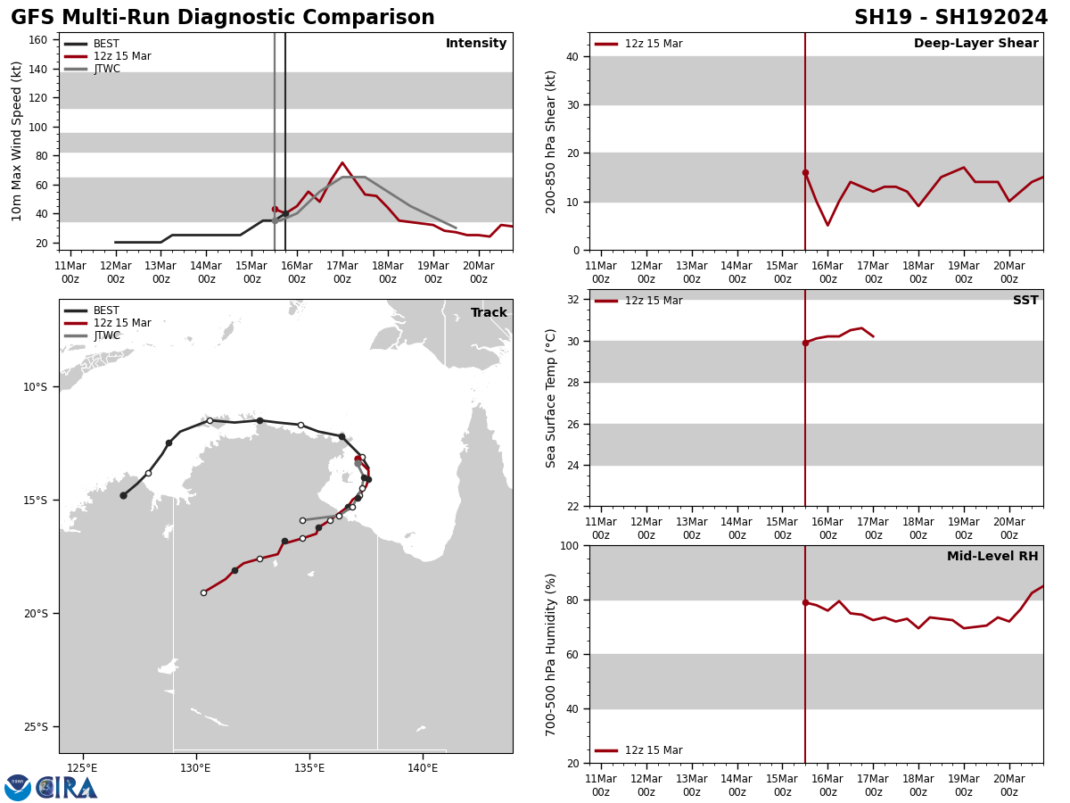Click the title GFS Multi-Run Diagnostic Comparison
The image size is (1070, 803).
coord(223,18)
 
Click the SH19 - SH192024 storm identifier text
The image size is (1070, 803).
coord(951,18)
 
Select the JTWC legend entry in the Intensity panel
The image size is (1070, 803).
coord(107,69)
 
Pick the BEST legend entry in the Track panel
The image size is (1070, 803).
coord(106,310)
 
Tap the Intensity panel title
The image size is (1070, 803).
coord(476,44)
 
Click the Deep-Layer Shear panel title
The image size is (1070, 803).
coord(975,44)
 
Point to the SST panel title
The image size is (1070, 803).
coord(1025,301)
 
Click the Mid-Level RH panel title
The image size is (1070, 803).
coord(992,557)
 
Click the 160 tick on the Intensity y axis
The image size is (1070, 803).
coord(37,40)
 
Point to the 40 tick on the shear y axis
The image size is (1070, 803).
coord(572,56)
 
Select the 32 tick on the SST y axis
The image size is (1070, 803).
coord(572,300)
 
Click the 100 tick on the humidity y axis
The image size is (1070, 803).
coord(568,545)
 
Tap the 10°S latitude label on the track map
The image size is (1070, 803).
coord(35,386)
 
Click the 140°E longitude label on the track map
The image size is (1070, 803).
coord(423,767)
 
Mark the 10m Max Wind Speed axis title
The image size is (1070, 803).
coord(17,140)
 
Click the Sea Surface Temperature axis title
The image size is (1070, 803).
coord(551,398)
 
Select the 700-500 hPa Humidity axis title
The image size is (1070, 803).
coord(551,654)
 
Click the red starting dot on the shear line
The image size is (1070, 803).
coord(805,172)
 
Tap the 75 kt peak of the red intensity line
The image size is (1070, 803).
coord(342,163)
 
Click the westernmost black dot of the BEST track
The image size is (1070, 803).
coord(123,495)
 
